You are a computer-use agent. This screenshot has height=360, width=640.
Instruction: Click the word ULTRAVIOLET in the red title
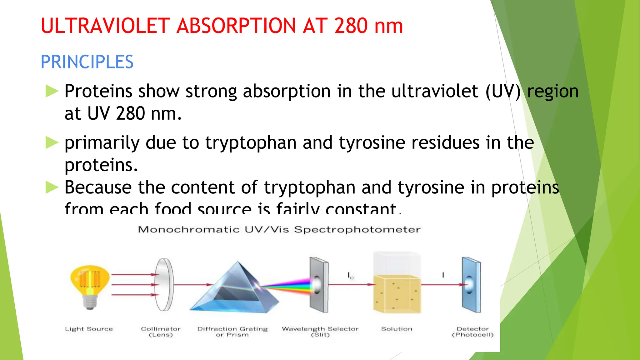pyautogui.click(x=105, y=26)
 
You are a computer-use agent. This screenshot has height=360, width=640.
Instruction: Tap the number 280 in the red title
pyautogui.click(x=351, y=26)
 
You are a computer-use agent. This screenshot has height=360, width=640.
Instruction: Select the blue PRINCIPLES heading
pyautogui.click(x=87, y=62)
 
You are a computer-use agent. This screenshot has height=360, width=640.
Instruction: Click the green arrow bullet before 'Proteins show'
pyautogui.click(x=52, y=91)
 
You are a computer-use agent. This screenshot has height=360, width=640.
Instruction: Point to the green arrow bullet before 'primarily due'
pyautogui.click(x=52, y=142)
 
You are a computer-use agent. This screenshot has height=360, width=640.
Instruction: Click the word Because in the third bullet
pyautogui.click(x=98, y=187)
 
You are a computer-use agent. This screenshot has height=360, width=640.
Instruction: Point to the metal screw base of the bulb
pyautogui.click(x=90, y=302)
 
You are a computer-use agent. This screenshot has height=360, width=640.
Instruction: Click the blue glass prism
pyautogui.click(x=234, y=289)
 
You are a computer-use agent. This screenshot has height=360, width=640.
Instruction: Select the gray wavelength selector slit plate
pyautogui.click(x=319, y=284)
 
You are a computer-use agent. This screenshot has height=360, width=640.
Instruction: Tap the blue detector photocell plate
pyautogui.click(x=471, y=284)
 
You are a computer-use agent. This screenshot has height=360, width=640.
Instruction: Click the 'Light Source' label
pyautogui.click(x=89, y=329)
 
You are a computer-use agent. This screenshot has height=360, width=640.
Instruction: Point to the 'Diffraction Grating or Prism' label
pyautogui.click(x=232, y=332)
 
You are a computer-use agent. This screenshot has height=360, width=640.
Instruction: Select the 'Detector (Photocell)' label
pyautogui.click(x=472, y=332)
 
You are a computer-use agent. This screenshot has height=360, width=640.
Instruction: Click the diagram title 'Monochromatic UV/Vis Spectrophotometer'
pyautogui.click(x=279, y=230)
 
